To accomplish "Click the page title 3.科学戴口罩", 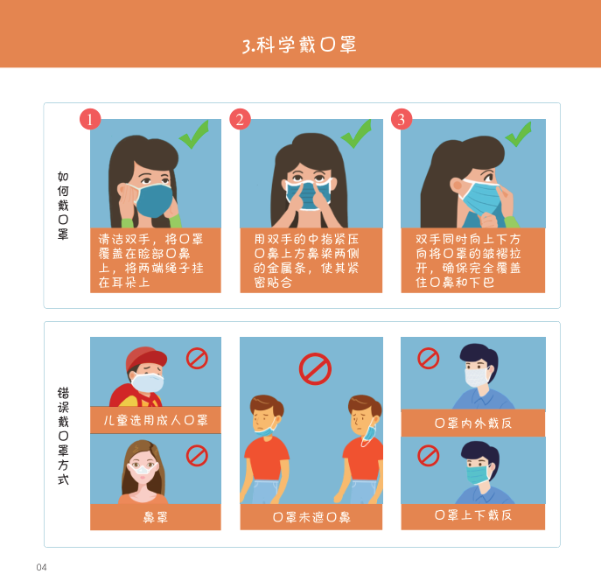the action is pos(299,45).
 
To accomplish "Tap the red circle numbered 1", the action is pos(90,119).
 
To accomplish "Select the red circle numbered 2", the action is pos(240,119).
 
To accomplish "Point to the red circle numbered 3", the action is pos(402,119).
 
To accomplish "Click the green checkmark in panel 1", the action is pos(195,135).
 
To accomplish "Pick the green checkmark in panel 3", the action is pos(519,134).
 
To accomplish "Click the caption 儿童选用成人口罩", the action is pos(156,420).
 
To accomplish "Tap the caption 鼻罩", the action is pos(155,517).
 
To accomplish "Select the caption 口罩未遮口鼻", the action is pos(311,517).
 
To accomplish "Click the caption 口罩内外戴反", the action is pos(473,423).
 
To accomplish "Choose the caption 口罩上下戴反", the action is pos(473,515).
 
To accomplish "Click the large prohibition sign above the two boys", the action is pos(315,369).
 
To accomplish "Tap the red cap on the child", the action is pos(146,358).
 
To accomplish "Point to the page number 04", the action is pos(41,567).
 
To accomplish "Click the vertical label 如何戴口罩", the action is pos(63,206).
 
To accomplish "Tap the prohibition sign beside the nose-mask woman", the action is pos(197,456).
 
